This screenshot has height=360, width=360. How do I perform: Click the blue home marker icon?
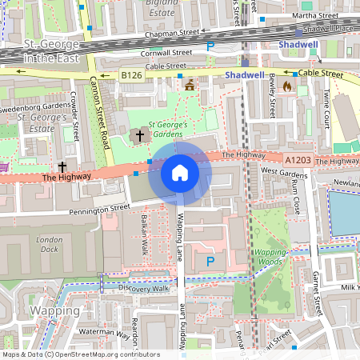tap(180, 173)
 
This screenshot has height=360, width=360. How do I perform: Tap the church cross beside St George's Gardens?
tap(140, 135)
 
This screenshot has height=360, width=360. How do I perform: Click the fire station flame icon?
tap(295, 86)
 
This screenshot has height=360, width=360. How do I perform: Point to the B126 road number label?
tap(131, 74)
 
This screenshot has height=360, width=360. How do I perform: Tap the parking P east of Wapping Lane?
tap(210, 262)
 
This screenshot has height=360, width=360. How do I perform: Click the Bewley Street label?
tap(273, 94)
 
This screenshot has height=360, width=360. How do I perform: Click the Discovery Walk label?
tap(144, 289)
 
